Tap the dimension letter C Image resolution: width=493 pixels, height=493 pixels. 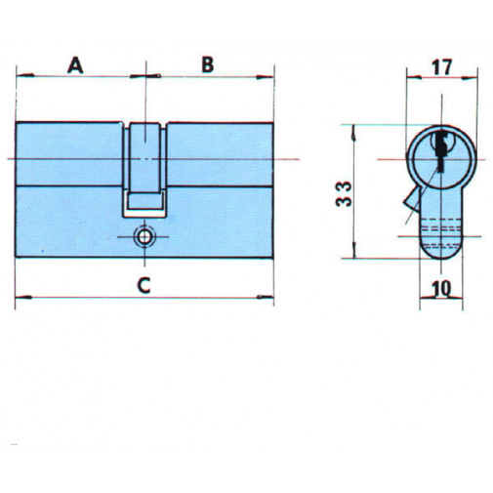coord(143,285)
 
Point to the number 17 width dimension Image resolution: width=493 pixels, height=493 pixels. coord(440,68)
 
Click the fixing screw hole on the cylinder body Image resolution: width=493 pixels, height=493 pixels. coord(144,236)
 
